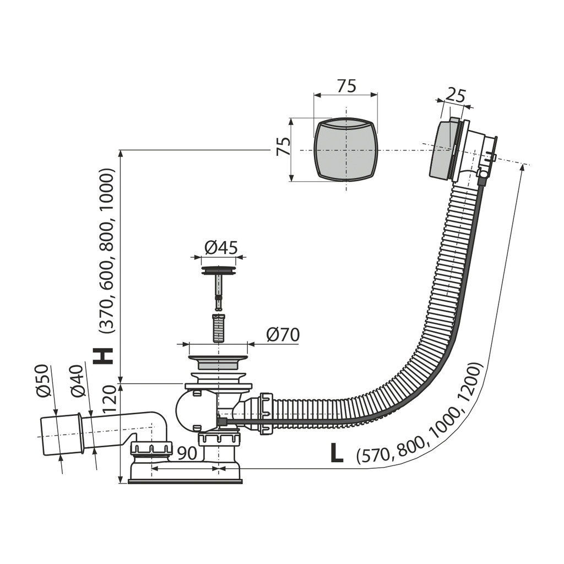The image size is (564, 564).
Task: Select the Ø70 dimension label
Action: (283, 335)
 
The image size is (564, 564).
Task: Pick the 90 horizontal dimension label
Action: (187, 454)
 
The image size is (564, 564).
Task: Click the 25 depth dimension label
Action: (455, 96)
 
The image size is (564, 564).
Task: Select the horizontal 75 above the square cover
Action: (346, 86)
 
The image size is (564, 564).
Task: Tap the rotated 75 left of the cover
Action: (283, 145)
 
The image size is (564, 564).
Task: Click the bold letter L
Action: (337, 454)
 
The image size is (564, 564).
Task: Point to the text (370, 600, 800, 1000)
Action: (107, 251)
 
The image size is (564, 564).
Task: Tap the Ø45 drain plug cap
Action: (218, 270)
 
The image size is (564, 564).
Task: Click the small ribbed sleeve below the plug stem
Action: (218, 328)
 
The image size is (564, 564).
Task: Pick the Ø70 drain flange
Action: (218, 362)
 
